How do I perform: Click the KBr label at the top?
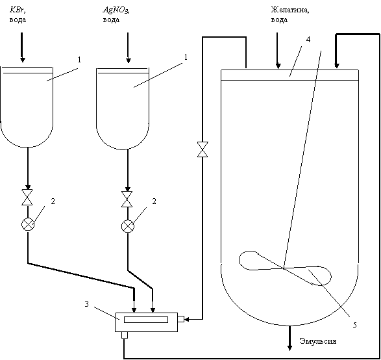tap(18, 10)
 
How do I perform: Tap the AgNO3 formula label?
tap(116, 10)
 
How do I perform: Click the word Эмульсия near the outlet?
tap(318, 341)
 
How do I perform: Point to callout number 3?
tap(87, 304)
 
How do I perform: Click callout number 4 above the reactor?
tap(308, 40)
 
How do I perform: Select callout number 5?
tap(354, 325)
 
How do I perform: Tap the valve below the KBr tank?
tap(27, 198)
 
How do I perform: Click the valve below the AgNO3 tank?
tap(127, 199)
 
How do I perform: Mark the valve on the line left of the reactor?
tap(203, 149)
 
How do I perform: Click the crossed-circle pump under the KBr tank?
tap(28, 224)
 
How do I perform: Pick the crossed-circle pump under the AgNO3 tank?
tap(128, 226)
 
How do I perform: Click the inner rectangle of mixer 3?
tap(146, 319)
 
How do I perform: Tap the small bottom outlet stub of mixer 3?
tap(125, 335)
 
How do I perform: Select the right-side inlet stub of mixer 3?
tap(181, 319)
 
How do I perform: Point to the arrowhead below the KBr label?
tap(22, 60)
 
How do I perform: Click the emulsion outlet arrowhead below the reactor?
tap(289, 348)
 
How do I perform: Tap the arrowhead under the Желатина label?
tap(278, 66)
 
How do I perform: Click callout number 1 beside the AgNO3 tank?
tap(186, 57)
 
